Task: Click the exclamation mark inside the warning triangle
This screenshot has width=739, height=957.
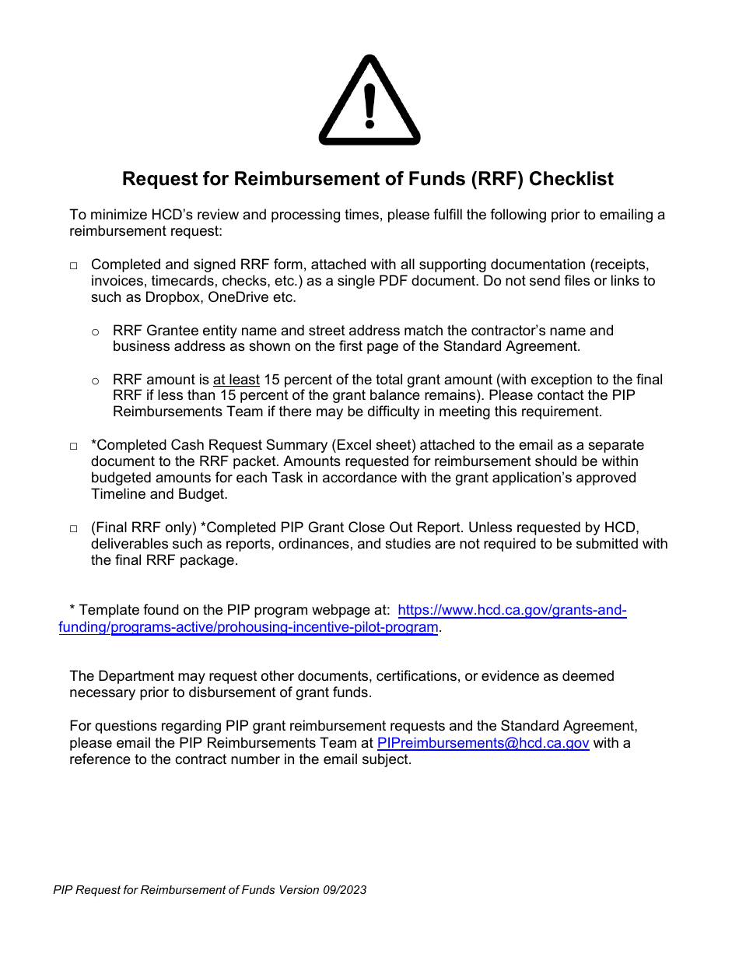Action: [369, 105]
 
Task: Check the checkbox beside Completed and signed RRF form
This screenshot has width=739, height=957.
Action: [74, 266]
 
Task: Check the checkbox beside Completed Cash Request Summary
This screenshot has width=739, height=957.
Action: [74, 447]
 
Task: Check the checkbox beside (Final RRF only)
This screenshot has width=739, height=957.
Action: [74, 529]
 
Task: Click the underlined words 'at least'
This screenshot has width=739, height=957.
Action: [236, 380]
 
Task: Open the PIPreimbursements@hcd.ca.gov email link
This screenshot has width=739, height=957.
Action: [482, 743]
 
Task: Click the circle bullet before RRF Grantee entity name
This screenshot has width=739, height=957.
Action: [96, 332]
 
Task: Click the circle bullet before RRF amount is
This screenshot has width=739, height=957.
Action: [96, 381]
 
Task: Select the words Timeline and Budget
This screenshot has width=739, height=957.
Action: [159, 494]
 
